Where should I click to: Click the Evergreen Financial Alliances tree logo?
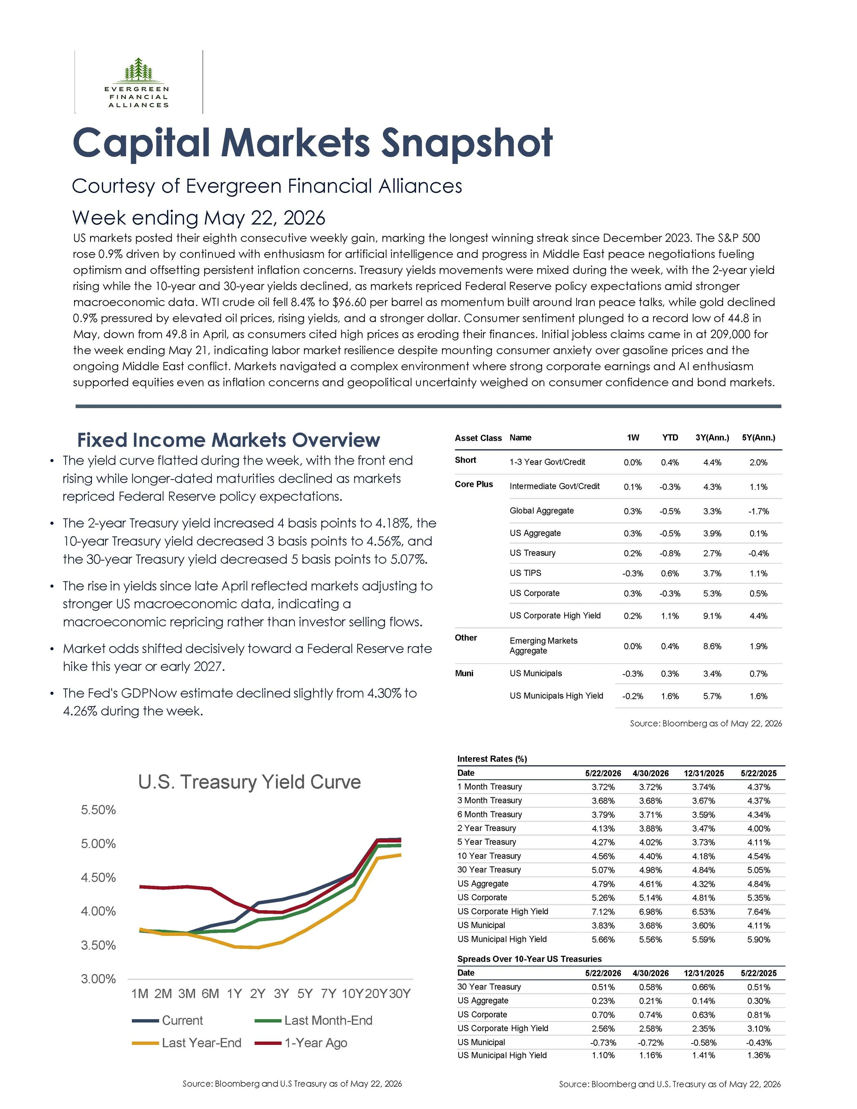tap(137, 70)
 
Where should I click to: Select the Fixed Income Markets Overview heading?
tap(228, 440)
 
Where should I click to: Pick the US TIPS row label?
tap(526, 573)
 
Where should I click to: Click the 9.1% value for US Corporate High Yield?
tap(712, 616)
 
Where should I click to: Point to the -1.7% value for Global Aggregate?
tap(759, 511)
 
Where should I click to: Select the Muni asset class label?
tap(464, 673)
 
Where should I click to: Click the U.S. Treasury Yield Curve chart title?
tap(249, 782)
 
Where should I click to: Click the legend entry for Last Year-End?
tap(186, 1042)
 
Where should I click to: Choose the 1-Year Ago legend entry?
tap(301, 1042)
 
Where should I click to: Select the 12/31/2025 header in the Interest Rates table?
tap(704, 773)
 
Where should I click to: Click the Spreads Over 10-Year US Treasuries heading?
tap(530, 959)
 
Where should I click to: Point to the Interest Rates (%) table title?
tap(492, 759)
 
